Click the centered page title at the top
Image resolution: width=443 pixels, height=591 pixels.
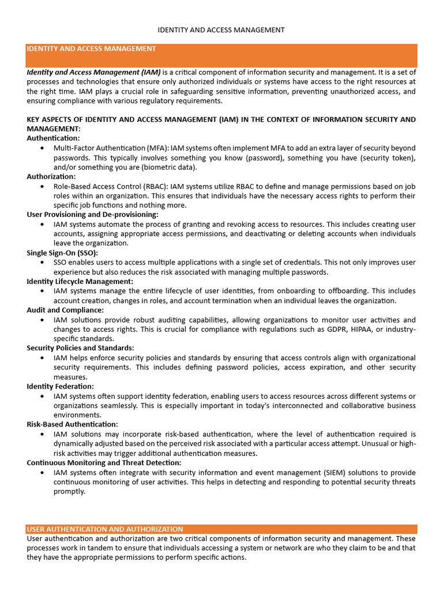point(221,29)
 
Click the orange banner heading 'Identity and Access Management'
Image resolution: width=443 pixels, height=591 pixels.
point(91,49)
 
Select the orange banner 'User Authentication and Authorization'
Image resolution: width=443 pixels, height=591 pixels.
point(105,529)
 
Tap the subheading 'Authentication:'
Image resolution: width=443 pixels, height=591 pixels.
point(54,139)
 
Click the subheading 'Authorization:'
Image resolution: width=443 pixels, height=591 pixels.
point(51,177)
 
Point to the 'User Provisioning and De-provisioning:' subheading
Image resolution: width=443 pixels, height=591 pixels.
point(92,215)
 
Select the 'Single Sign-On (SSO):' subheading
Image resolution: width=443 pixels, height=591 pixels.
point(62,253)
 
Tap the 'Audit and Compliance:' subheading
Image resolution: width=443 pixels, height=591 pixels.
point(65,310)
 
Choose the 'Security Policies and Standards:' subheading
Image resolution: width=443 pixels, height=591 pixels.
point(80,348)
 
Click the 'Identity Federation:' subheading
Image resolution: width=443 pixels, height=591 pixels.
point(61,386)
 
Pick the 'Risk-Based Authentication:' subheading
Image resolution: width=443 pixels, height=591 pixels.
point(72,424)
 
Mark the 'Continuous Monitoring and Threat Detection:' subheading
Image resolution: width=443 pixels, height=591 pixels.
point(104,462)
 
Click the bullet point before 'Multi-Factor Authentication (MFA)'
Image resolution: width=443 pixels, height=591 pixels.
point(43,148)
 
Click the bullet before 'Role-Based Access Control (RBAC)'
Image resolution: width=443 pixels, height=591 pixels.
point(43,186)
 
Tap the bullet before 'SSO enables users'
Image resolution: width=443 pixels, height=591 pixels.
point(43,263)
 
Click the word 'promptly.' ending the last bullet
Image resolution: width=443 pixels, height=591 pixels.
point(69,491)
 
